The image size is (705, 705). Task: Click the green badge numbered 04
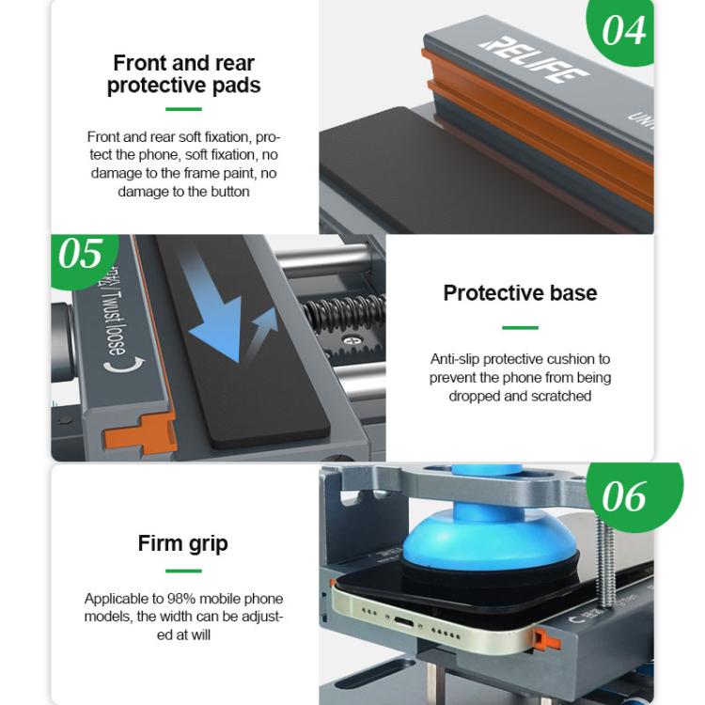coord(622,31)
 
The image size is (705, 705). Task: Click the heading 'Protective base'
coord(520,292)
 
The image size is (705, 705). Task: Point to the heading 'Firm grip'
coord(183,543)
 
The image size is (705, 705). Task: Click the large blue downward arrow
coord(211,310)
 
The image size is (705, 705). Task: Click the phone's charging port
coord(404,622)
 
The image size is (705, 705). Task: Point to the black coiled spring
coord(344,311)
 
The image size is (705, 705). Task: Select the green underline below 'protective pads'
coord(183,109)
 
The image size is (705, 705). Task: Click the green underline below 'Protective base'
coord(520,327)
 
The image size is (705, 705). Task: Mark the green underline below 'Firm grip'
coord(183,571)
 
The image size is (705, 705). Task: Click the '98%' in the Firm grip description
coord(181,599)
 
